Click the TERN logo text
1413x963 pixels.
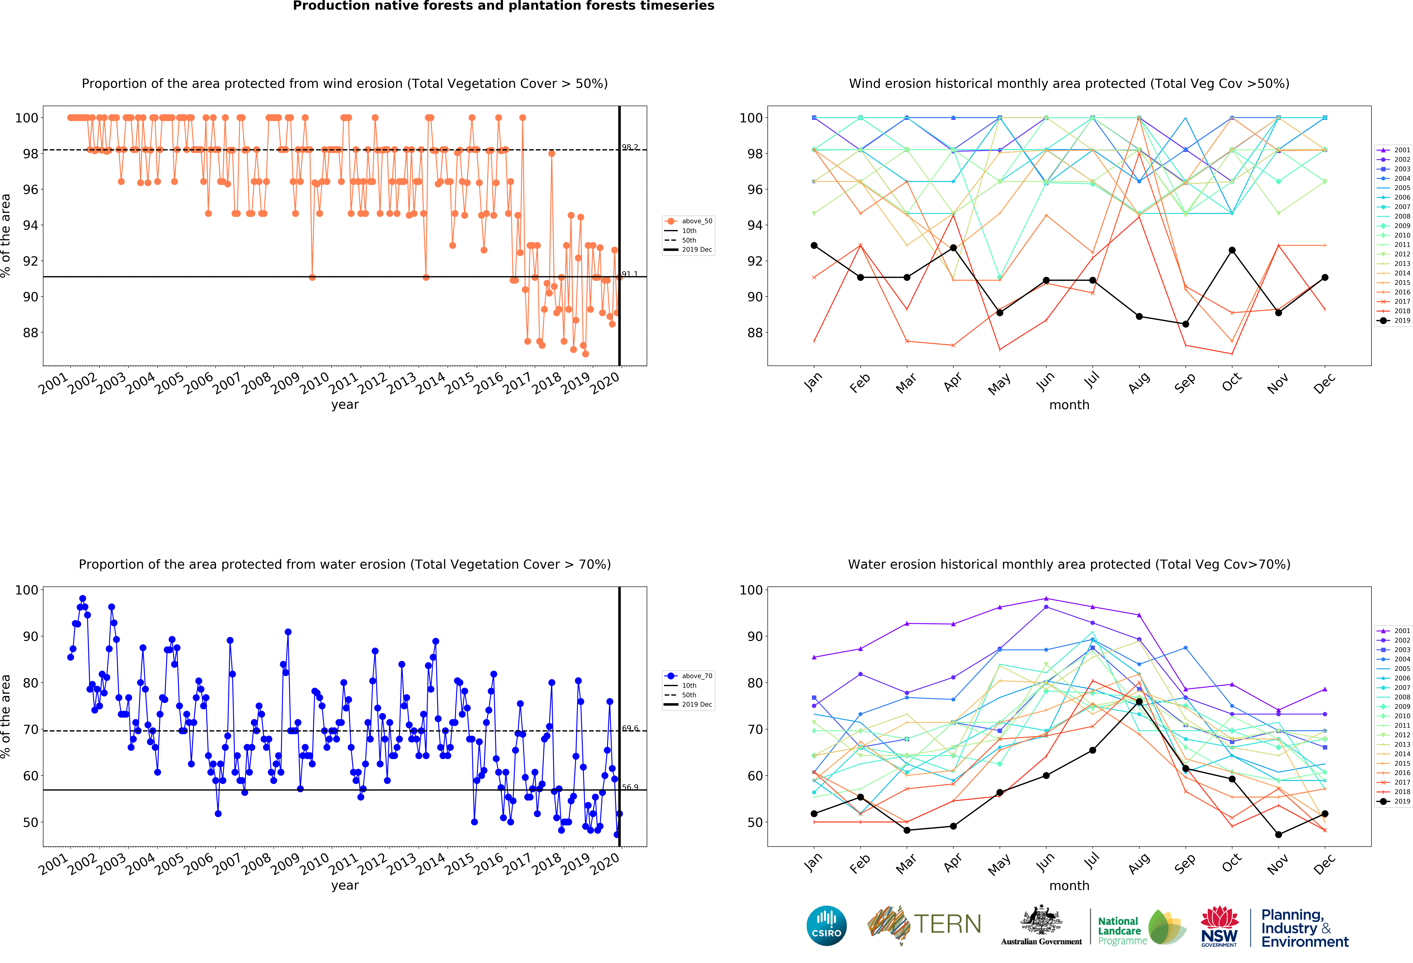[947, 924]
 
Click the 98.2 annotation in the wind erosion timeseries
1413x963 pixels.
[630, 147]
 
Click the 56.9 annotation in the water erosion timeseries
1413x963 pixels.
[630, 787]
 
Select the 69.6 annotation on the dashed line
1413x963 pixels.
[630, 728]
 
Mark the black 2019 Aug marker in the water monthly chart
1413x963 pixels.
[1139, 702]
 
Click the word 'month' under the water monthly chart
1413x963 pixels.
[1069, 886]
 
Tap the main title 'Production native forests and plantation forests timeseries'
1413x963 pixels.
[503, 6]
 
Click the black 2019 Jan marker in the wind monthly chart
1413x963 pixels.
[814, 246]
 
